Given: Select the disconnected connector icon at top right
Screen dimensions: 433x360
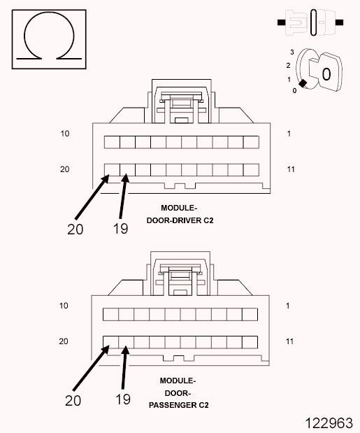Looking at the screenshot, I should coord(310,23).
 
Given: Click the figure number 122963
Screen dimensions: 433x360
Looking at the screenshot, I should coord(329,423).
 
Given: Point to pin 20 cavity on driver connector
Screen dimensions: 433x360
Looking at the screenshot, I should coord(111,169).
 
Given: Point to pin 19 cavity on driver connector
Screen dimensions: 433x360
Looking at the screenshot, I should coord(127,169).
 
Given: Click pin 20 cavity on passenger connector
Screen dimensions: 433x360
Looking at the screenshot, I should coord(110,342).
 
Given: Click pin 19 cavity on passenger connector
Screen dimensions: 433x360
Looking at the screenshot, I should coord(126,342).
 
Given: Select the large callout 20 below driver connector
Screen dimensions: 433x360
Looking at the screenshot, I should coord(76,228).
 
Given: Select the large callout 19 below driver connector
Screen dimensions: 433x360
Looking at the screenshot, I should coord(120,228).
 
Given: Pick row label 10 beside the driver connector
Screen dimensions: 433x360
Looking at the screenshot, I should coord(64,133).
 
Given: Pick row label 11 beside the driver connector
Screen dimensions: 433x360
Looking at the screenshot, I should coord(291,169).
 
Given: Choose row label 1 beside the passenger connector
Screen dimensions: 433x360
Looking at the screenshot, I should coord(289,306).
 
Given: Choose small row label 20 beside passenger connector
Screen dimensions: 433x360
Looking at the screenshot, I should coord(64,341).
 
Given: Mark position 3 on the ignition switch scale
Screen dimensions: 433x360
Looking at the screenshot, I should coord(292,52).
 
